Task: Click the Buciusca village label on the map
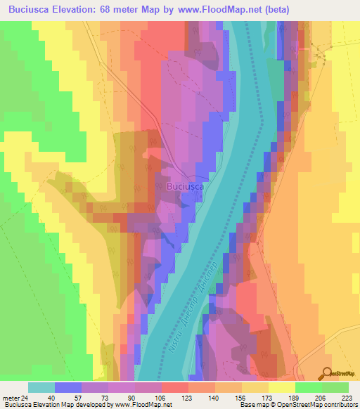tap(186, 187)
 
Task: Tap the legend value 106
tap(162, 397)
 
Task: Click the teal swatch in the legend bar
tap(41, 387)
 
